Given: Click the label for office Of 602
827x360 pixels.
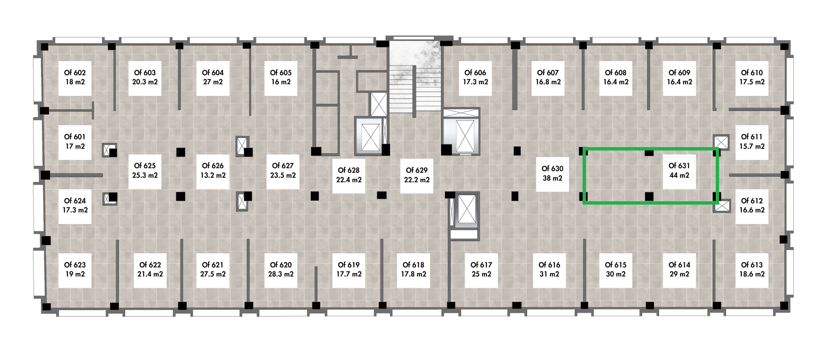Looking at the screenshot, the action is coord(75,77).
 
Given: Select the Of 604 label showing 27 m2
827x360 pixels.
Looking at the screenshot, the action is coord(213,77).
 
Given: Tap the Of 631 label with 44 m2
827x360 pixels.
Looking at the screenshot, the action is coord(679,170).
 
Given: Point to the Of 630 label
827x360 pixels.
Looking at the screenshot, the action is coord(552,173).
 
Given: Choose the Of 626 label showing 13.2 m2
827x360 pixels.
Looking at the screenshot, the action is coord(213,170).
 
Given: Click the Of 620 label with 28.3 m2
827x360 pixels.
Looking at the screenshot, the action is coord(281,269).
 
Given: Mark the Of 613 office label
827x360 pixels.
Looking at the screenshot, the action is coord(752,269).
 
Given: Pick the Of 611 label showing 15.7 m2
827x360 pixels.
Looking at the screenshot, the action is coord(752,141).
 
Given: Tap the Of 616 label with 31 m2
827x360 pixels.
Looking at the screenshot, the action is coord(549,269).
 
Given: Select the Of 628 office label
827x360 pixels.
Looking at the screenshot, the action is coord(349,175).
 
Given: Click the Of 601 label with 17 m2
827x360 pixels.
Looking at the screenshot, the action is coord(75,141).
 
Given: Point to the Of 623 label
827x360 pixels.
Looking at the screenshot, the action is coord(75,269).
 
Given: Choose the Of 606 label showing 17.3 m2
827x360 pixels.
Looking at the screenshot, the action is coord(476,77).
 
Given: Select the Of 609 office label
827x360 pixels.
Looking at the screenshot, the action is coord(679,77).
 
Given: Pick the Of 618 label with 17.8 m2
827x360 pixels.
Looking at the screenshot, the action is coord(413,269).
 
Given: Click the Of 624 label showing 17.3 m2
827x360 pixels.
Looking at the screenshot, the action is coord(75,205).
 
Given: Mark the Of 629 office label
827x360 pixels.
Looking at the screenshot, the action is coord(417,175).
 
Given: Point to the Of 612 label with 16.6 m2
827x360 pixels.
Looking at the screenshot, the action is coord(752,205).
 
